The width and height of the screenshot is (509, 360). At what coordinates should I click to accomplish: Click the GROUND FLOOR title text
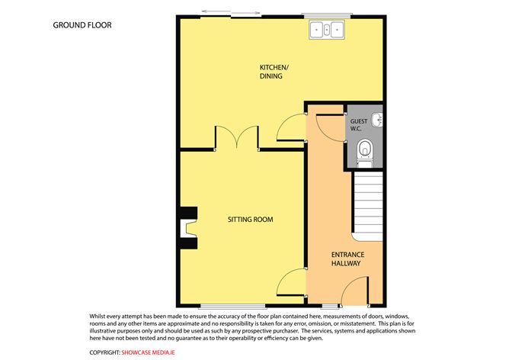[x=82, y=25]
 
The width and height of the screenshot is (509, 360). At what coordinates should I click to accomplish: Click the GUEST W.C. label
[x=358, y=124]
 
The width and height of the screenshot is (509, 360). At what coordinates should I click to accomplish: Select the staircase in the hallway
[x=366, y=202]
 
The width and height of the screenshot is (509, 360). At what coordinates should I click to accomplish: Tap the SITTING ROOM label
[x=250, y=220]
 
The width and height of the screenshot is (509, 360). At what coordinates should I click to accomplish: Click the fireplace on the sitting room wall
[x=187, y=228]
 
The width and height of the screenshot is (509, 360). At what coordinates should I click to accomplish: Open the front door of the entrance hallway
[x=352, y=292]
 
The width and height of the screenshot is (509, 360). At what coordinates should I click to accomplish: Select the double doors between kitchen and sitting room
[x=236, y=138]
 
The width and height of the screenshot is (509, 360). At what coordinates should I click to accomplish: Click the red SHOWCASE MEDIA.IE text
[x=155, y=352]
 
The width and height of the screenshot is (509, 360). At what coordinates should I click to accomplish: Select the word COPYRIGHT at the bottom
[x=105, y=352]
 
